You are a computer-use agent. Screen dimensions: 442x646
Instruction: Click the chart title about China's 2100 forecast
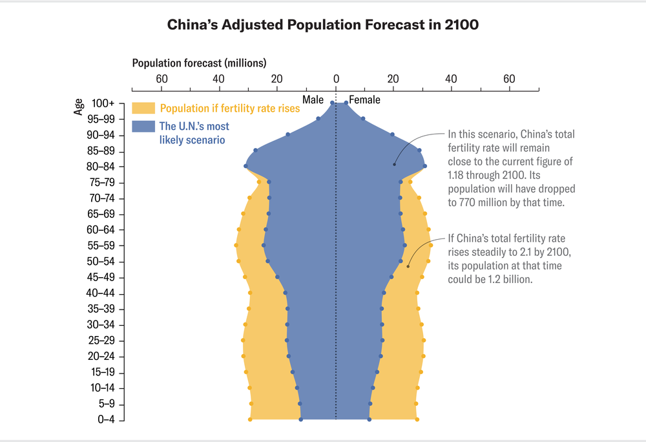click(x=322, y=25)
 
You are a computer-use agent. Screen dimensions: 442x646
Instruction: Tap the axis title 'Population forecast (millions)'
click(x=199, y=63)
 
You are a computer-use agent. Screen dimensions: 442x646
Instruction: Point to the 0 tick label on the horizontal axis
click(x=335, y=79)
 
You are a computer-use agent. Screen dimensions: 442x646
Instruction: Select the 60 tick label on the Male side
click(x=161, y=79)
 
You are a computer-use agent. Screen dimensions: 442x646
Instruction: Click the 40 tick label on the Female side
click(x=451, y=79)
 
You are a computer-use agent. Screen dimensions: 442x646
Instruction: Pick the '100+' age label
click(x=103, y=103)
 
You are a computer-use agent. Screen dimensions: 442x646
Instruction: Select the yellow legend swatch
click(x=143, y=108)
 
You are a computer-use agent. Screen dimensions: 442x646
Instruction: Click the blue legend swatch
click(x=143, y=127)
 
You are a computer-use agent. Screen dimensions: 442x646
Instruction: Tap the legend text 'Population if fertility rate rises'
click(x=230, y=109)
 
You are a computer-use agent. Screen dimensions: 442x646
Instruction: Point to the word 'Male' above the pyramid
click(x=313, y=100)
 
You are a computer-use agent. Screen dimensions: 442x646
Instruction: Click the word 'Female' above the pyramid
click(x=365, y=100)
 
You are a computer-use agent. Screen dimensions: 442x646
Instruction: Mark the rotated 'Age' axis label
click(x=78, y=107)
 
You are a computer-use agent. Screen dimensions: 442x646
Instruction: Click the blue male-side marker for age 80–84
click(x=245, y=166)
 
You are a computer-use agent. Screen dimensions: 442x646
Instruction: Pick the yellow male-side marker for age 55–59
click(x=236, y=246)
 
